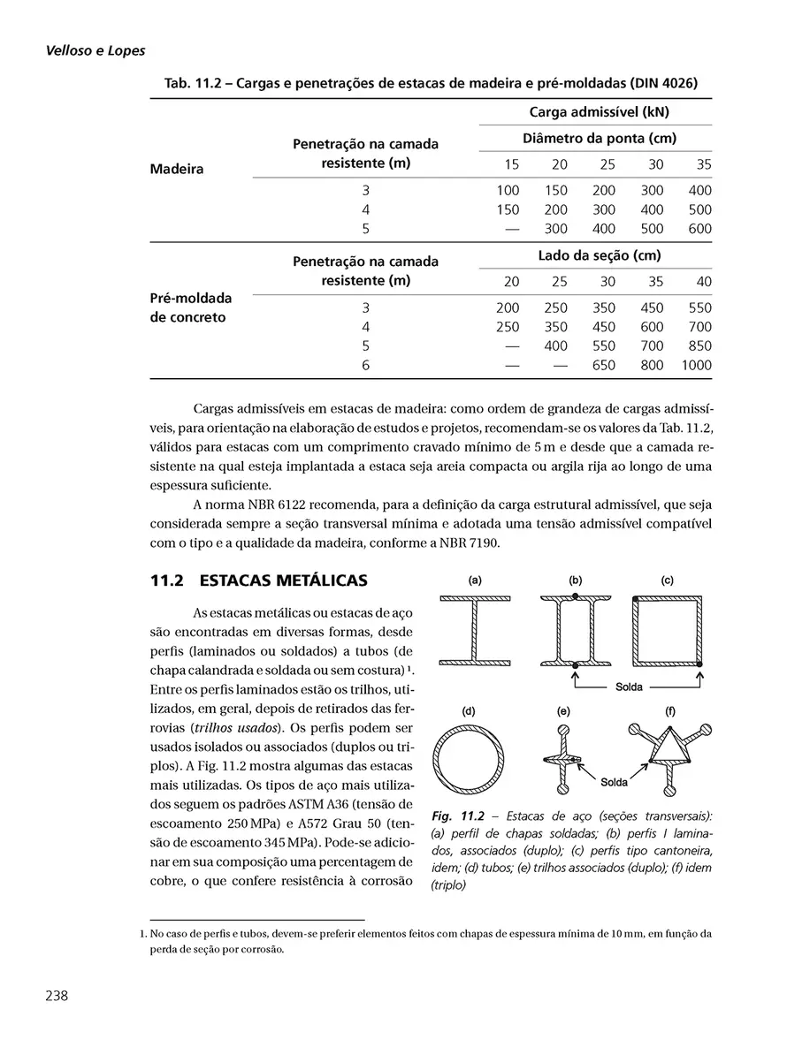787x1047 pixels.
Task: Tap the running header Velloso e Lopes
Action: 96,52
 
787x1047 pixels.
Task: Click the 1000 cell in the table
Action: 696,365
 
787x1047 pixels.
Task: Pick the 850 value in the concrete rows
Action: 699,345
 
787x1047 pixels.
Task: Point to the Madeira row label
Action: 177,169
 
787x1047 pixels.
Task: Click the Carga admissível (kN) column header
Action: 598,112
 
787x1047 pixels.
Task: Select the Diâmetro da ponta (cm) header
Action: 599,139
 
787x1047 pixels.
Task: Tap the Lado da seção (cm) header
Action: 599,255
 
